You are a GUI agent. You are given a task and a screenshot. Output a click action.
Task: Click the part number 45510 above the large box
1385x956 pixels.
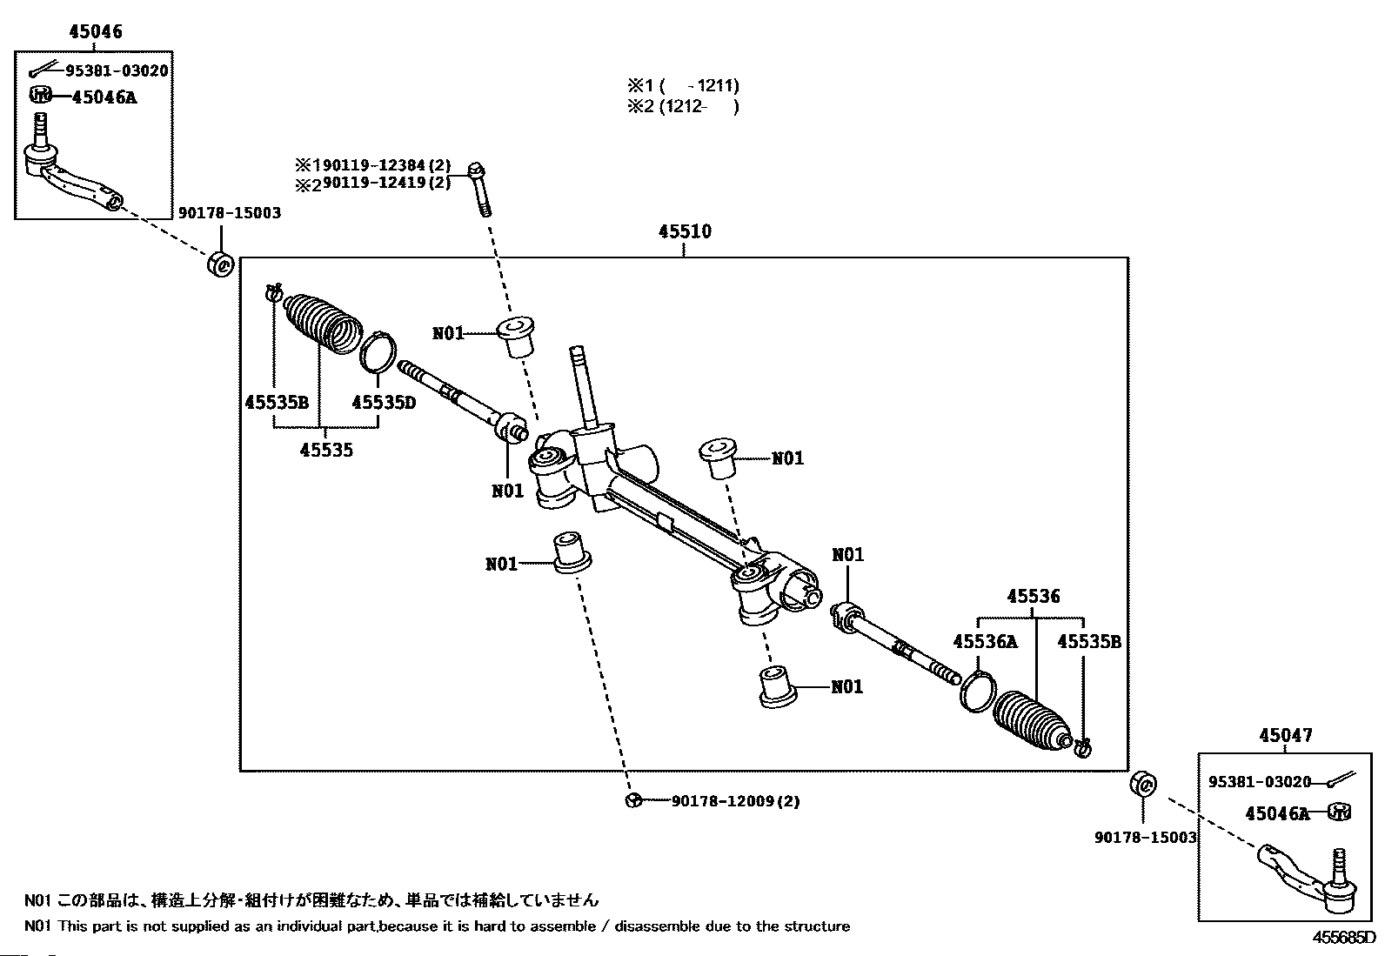coord(685,231)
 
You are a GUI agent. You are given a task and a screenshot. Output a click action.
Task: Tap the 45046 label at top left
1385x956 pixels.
coord(96,32)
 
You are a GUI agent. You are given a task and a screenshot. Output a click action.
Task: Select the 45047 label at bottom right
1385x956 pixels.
coord(1285,735)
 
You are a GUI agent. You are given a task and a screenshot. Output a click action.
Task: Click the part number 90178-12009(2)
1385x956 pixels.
coord(735,801)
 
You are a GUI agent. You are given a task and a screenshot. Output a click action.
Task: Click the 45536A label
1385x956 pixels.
coord(985,642)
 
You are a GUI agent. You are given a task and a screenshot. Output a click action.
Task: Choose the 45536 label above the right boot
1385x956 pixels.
coord(1034,597)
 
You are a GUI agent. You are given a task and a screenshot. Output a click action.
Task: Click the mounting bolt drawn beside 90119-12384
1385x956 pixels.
coord(478,187)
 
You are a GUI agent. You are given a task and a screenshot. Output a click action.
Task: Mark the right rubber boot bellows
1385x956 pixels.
coord(1031,719)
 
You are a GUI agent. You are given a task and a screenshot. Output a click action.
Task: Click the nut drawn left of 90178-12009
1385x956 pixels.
coord(633,801)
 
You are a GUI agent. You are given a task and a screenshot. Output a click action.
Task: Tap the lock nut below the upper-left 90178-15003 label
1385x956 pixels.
coord(221,263)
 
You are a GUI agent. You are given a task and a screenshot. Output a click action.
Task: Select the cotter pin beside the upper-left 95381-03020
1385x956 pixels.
coord(43,70)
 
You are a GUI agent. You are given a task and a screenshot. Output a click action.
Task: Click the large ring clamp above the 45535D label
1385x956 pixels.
coord(379,352)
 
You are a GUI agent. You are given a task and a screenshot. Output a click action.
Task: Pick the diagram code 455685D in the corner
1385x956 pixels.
coord(1344,939)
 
